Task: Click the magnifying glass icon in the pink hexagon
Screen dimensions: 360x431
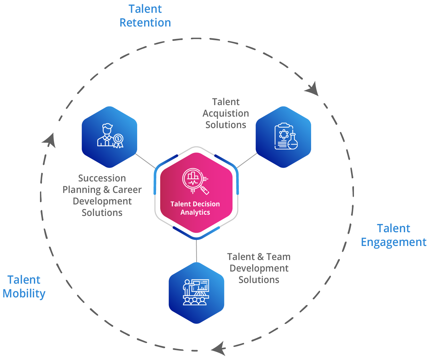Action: pos(195,181)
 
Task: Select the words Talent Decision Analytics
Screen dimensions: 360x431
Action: pos(195,208)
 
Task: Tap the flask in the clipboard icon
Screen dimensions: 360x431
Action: pos(293,142)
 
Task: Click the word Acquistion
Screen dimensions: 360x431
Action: pos(226,113)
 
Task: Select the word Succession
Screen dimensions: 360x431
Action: pos(102,178)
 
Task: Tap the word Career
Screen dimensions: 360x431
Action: pos(127,190)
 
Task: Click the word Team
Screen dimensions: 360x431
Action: pos(278,257)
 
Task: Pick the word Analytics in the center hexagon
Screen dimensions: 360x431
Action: pos(195,212)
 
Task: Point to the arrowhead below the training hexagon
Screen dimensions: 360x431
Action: pos(219,349)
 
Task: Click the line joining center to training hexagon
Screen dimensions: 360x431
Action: pos(196,251)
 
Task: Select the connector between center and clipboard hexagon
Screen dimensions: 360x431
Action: pos(247,161)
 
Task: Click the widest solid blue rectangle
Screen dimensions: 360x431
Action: pos(394,236)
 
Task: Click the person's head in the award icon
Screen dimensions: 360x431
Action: pos(107,128)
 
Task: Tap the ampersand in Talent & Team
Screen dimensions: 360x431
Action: pos(260,257)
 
